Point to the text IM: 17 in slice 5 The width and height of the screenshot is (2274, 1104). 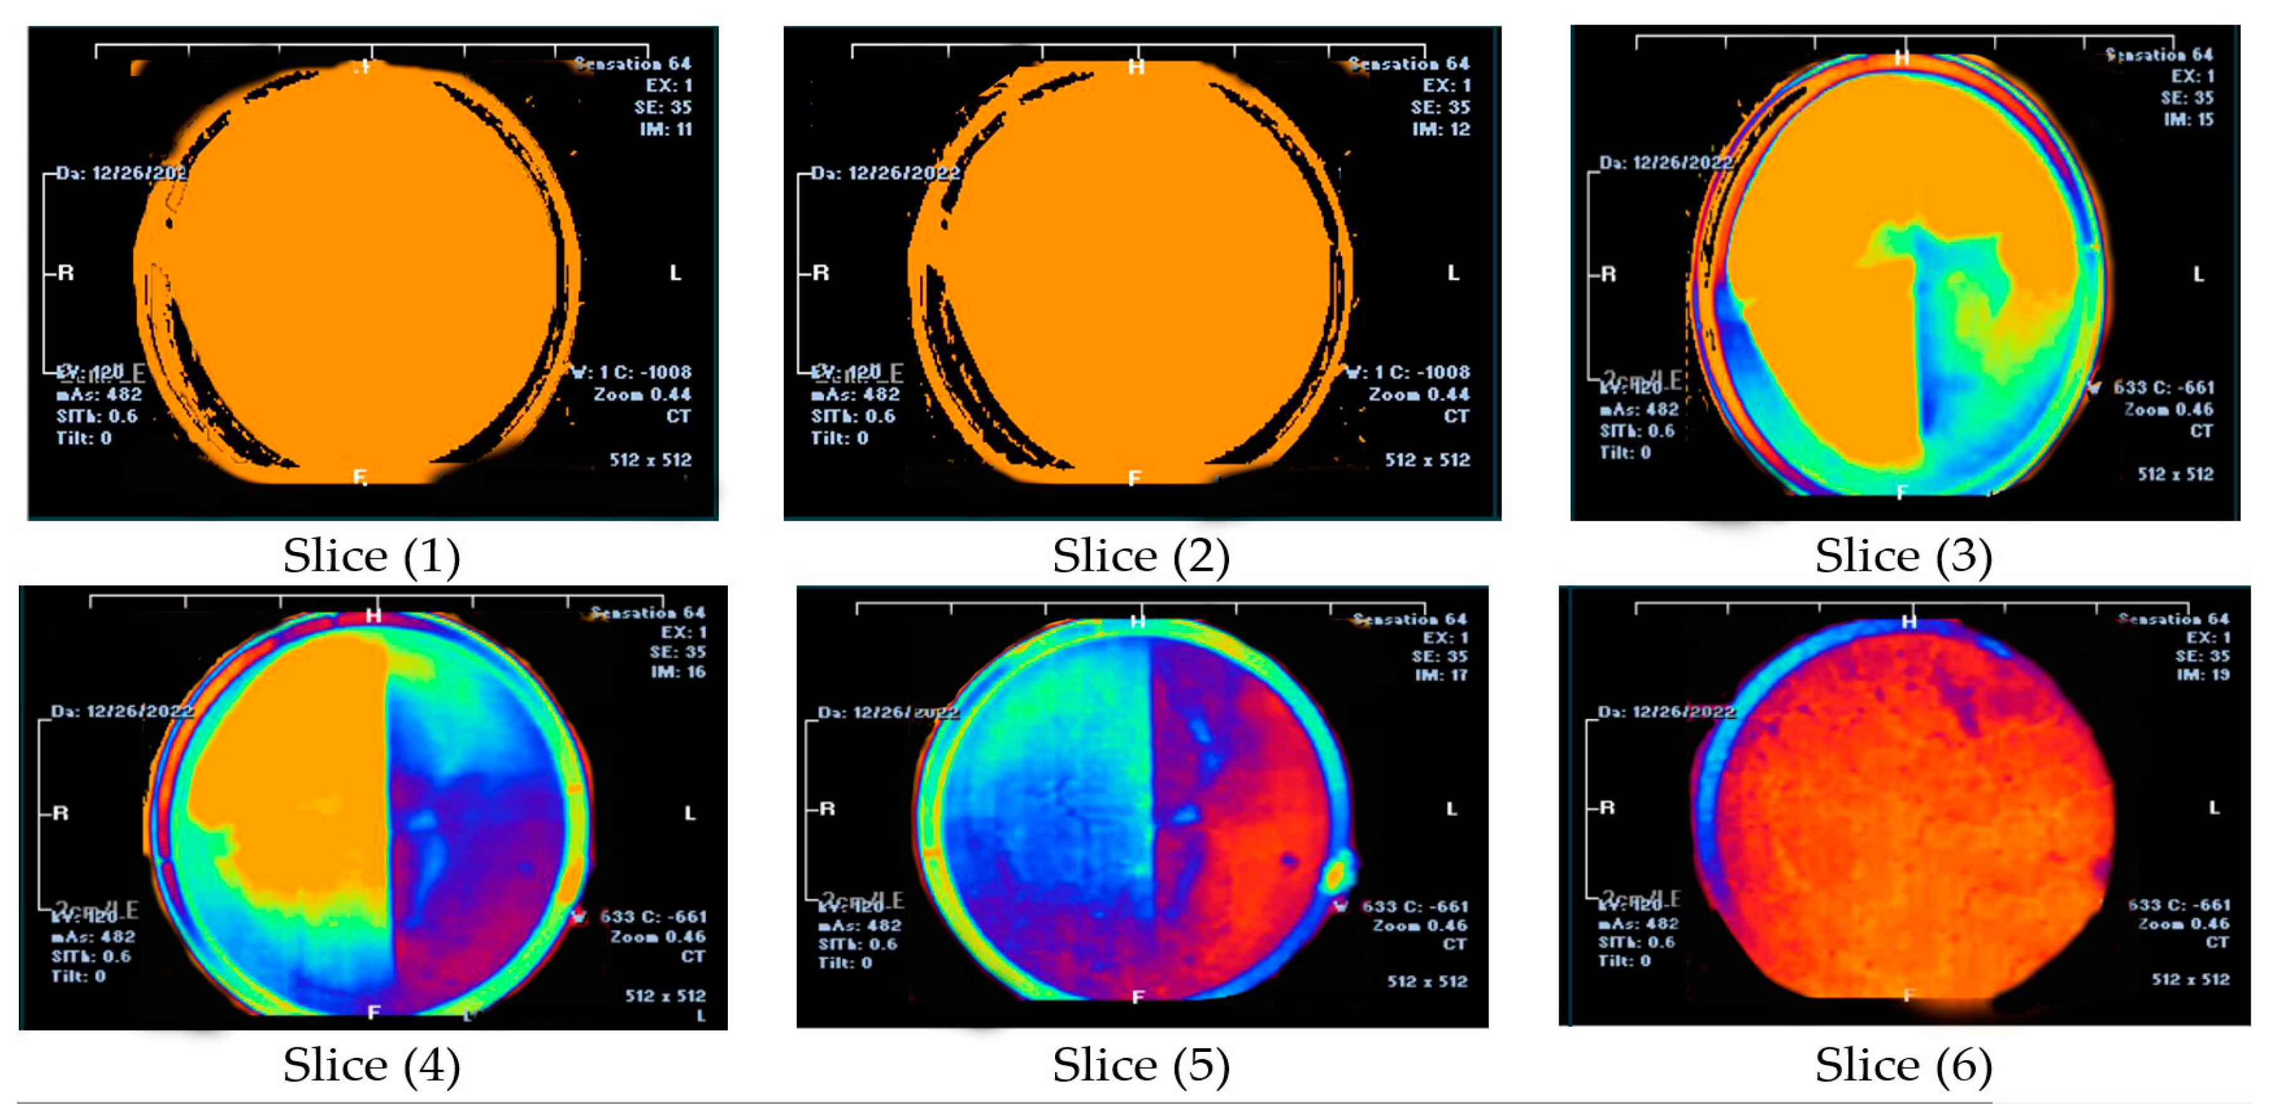[x=1441, y=675]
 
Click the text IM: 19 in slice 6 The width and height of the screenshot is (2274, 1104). [x=2202, y=675]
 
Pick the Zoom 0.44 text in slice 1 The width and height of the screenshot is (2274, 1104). [x=642, y=394]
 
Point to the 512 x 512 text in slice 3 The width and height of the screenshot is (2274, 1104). [x=2175, y=475]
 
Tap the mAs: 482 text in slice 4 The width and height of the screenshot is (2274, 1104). [x=94, y=937]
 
